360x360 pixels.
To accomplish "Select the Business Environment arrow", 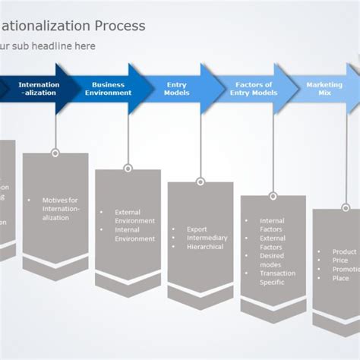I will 108,89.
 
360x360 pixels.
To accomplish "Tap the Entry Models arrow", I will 177,89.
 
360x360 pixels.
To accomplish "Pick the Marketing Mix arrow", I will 324,89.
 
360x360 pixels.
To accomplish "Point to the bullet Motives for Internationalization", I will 61,209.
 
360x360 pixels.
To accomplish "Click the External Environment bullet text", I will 134,216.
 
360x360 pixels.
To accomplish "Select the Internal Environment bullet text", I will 134,235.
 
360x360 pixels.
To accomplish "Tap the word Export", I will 197,229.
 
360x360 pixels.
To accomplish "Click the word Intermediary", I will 207,238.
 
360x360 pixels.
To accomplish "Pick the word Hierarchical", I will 205,247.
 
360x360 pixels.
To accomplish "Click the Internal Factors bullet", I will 272,226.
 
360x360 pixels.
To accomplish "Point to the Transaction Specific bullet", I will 277,278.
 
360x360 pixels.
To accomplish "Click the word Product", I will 344,251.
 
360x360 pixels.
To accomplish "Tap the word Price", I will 339,261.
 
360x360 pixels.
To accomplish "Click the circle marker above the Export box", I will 201,182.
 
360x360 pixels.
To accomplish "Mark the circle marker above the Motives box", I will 55,153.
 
